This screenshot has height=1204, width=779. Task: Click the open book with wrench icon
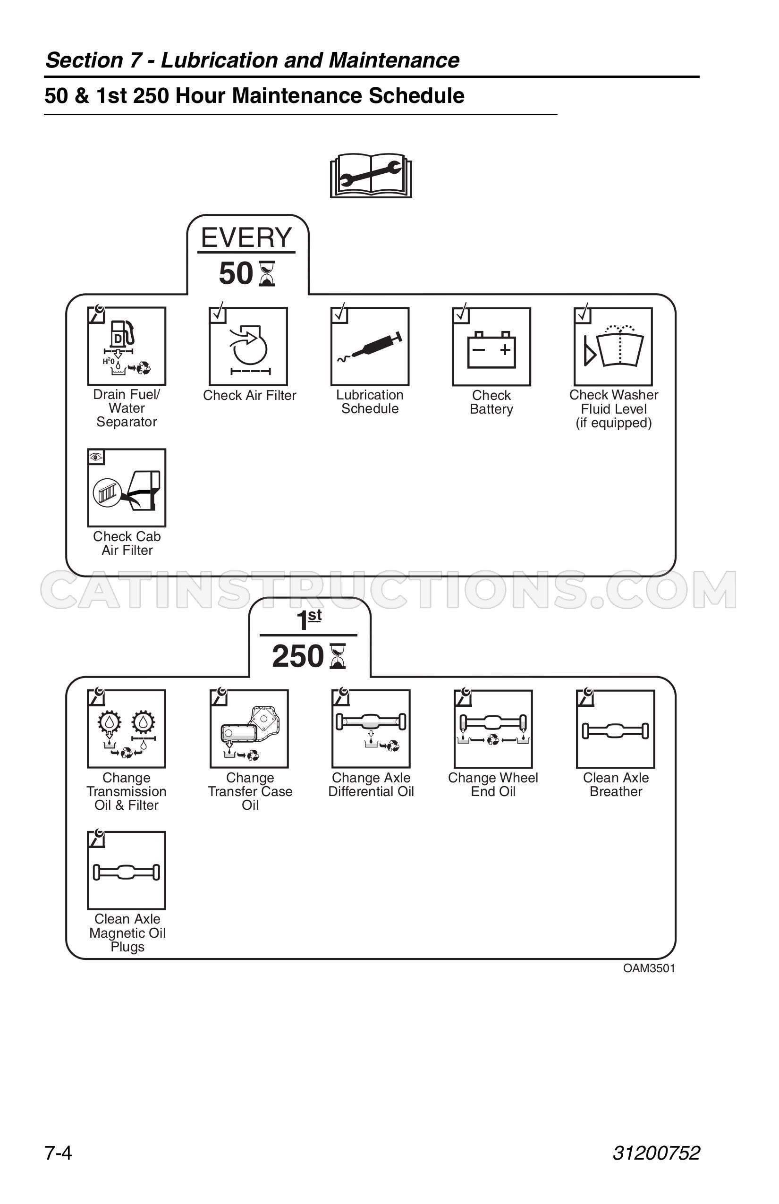371,175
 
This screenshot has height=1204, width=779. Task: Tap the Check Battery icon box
491,347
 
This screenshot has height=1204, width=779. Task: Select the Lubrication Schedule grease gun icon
370,347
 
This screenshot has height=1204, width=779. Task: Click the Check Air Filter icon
248,347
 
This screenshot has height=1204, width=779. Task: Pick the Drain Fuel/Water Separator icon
127,346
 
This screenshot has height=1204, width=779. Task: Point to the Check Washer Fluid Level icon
613,347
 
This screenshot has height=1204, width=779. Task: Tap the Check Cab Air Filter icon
127,488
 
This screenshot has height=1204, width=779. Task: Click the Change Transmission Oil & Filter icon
127,729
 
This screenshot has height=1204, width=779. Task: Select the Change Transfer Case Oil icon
249,729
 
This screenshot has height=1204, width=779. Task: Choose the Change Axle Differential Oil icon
371,729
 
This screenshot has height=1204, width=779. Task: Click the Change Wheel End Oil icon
493,729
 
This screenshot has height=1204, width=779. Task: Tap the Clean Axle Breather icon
616,729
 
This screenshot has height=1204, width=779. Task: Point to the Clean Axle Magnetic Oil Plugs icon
127,870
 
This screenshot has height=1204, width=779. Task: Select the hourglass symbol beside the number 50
267,274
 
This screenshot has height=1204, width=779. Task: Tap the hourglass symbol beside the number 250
338,656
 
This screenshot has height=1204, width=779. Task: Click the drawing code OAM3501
649,968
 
